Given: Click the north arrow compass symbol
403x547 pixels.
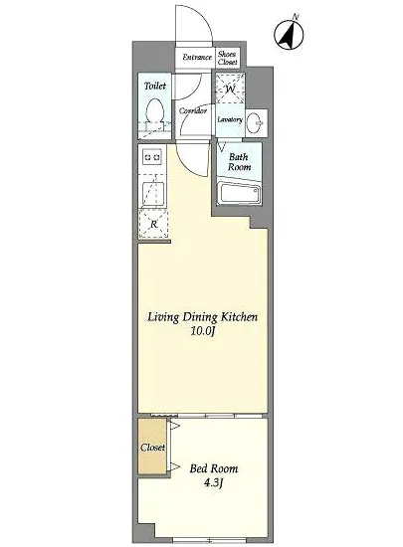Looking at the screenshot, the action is tap(289, 34).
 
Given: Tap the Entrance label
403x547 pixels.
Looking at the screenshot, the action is tap(197, 58).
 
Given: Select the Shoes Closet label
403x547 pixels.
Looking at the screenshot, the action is tap(228, 58).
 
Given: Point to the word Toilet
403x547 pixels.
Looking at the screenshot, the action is tap(155, 86).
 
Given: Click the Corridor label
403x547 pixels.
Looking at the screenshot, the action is tap(193, 111).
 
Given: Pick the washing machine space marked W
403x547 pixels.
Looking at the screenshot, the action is tap(230, 89).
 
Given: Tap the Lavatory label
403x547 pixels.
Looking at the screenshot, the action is tap(230, 119).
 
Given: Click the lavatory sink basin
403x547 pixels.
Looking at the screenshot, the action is tap(256, 123).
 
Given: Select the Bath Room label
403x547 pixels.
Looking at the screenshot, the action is tap(240, 162).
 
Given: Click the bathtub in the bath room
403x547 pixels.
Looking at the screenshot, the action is tap(240, 193).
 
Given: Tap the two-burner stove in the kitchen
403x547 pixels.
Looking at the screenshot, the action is tap(152, 157).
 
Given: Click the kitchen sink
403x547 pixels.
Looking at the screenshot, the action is tap(153, 194).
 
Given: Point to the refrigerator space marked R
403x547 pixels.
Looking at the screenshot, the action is tap(153, 224).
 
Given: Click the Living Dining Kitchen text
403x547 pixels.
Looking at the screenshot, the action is tap(203, 317).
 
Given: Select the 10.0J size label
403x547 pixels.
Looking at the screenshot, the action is tap(202, 331).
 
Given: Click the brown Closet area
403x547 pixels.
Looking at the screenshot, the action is tap(152, 447).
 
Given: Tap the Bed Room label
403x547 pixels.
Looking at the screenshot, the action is tap(214, 468).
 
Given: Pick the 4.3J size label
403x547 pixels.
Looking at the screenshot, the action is tap(214, 483).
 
